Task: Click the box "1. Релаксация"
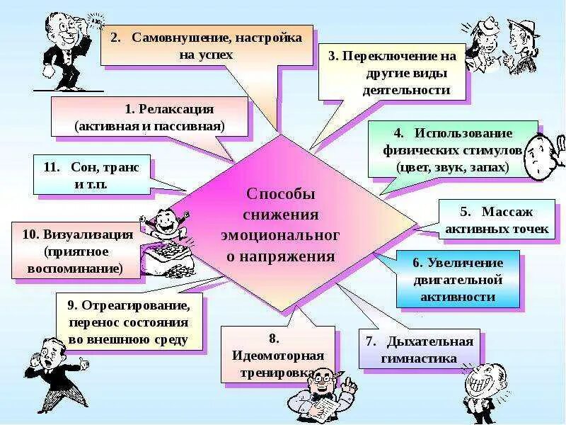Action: pyautogui.click(x=150, y=117)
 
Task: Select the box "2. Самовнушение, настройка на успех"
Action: pyautogui.click(x=206, y=45)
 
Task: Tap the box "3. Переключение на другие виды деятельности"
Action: pyautogui.click(x=393, y=72)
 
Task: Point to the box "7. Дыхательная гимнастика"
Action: pyautogui.click(x=420, y=349)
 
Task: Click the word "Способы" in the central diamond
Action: pyautogui.click(x=280, y=194)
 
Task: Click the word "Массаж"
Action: pyautogui.click(x=506, y=212)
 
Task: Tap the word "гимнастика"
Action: pyautogui.click(x=421, y=358)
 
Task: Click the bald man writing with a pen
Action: pyautogui.click(x=322, y=393)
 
